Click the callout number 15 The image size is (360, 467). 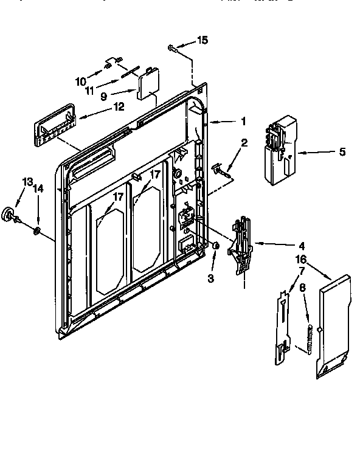pyautogui.click(x=202, y=41)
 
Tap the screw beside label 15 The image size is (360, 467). pyautogui.click(x=173, y=47)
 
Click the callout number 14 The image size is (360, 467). pyautogui.click(x=38, y=189)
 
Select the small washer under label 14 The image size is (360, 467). pyautogui.click(x=36, y=230)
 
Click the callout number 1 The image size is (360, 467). pyautogui.click(x=243, y=121)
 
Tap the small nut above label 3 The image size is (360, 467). pyautogui.click(x=215, y=245)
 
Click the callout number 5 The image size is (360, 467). pyautogui.click(x=325, y=153)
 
